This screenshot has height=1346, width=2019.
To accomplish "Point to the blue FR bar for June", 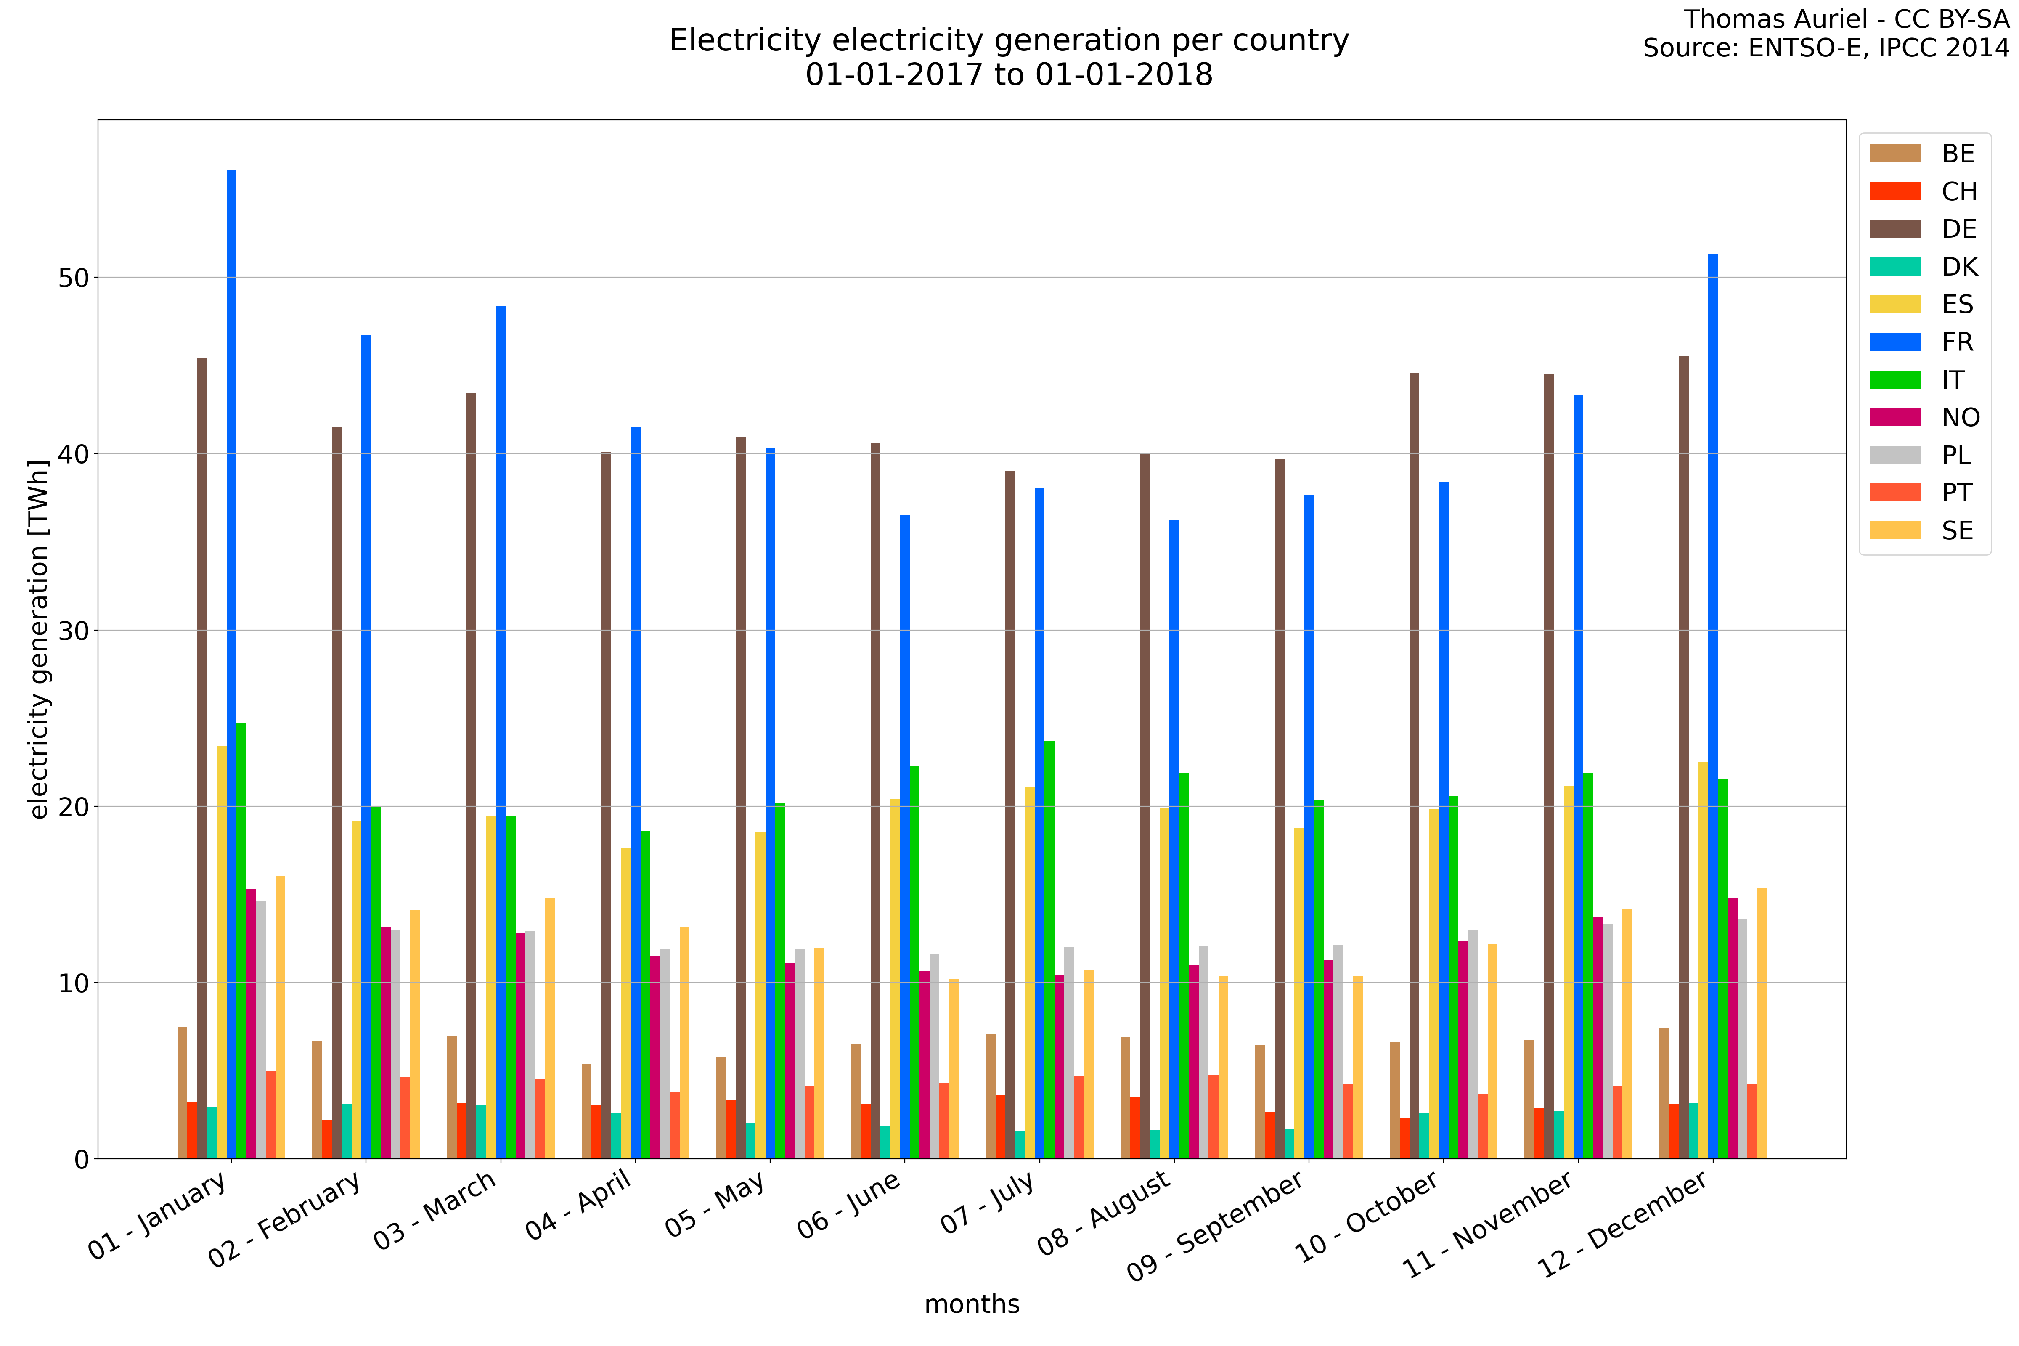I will click(x=905, y=837).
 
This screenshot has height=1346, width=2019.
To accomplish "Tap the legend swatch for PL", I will click(x=1894, y=455).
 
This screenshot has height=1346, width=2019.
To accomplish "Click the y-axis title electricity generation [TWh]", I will click(x=39, y=639).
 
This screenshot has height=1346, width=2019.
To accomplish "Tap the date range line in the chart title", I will click(x=1009, y=75).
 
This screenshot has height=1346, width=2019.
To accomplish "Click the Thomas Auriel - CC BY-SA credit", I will click(x=1846, y=19).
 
